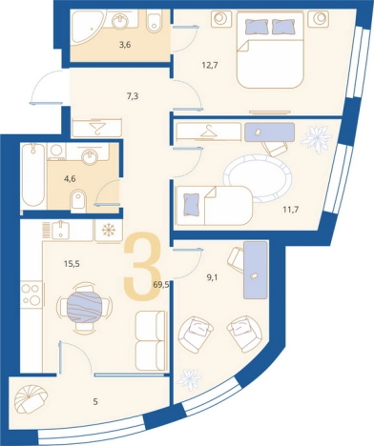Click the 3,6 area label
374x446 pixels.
tap(125, 45)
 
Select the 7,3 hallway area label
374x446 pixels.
tap(132, 95)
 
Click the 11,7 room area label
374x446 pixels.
tap(290, 210)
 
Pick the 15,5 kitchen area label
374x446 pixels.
tap(72, 263)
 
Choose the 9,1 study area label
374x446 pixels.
tap(212, 278)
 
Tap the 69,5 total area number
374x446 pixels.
tap(161, 285)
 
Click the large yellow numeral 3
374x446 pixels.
tap(141, 265)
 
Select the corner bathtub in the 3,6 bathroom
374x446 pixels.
tap(84, 27)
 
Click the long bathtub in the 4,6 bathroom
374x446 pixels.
tap(32, 175)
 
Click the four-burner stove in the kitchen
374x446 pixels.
tap(31, 294)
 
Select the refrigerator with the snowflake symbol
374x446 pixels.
tap(109, 230)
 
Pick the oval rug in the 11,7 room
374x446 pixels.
tap(257, 178)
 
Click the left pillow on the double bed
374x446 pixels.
tap(256, 26)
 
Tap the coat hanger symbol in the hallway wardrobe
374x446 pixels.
tap(97, 127)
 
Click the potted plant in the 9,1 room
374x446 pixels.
tap(190, 380)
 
